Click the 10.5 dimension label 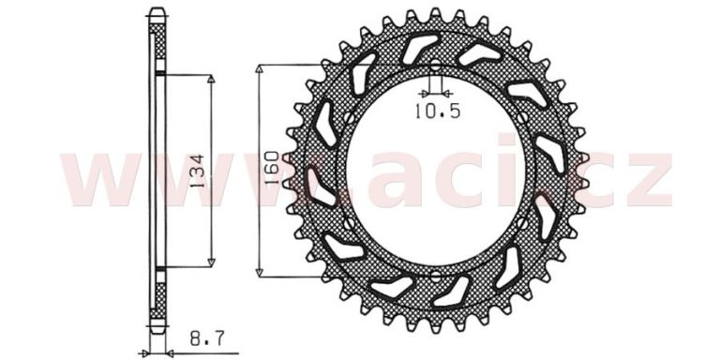point(437,111)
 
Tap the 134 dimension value point(197,171)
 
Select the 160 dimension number point(271,167)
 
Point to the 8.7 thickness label point(206,338)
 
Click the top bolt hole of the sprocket point(435,66)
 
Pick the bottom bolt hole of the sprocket point(435,277)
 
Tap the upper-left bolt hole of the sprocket point(349,118)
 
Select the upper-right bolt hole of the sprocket point(522,118)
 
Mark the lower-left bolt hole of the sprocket point(349,224)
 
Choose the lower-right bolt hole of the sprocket point(522,224)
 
